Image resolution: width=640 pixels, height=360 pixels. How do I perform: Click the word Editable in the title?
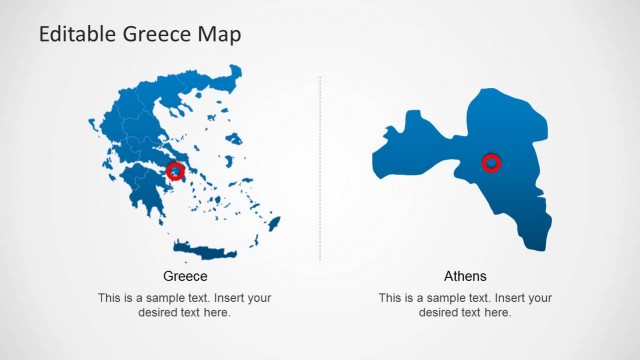pos(79,35)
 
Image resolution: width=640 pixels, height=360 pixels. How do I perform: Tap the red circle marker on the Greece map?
pos(176,171)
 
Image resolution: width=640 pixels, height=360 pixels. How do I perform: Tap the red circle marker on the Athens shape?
pos(491,162)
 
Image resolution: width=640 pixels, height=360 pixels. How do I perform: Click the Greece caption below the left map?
pos(185,276)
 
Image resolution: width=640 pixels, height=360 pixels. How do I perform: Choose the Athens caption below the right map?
pos(465,276)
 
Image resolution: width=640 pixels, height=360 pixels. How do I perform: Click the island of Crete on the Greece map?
pos(205,250)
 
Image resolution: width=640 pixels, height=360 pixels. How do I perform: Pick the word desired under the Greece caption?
pos(159,312)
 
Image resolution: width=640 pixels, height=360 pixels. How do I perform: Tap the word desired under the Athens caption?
pos(440,312)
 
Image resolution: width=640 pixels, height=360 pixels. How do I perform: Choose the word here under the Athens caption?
pos(498,312)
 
